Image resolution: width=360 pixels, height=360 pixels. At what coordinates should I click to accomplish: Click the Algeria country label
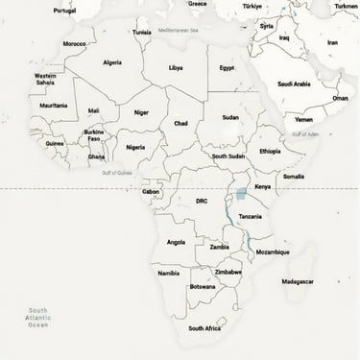point(112,62)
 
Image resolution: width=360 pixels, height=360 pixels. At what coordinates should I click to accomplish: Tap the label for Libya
point(176,68)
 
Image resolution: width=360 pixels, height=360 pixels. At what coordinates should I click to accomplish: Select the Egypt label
point(227,68)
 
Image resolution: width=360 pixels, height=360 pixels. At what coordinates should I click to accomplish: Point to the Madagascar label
point(298,281)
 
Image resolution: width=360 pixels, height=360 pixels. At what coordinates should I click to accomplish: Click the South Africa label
point(204,328)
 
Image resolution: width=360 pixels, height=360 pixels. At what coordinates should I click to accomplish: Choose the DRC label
point(202,202)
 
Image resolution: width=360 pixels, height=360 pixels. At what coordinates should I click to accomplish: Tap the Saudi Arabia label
point(294,84)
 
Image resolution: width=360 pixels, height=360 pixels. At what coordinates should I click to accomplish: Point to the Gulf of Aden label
point(305,133)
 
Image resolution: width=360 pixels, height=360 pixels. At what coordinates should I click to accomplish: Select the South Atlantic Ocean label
point(37,318)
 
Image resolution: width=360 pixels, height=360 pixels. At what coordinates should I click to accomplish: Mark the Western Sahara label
point(45,79)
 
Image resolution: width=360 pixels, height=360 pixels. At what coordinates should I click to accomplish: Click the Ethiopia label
point(270,151)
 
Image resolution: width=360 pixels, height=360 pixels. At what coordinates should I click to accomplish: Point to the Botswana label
point(203,286)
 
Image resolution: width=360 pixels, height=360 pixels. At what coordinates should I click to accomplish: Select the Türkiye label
point(252,5)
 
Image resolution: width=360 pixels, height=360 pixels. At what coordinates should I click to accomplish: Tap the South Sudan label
point(228,156)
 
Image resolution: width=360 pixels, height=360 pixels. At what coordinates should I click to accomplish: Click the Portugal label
point(64,11)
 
